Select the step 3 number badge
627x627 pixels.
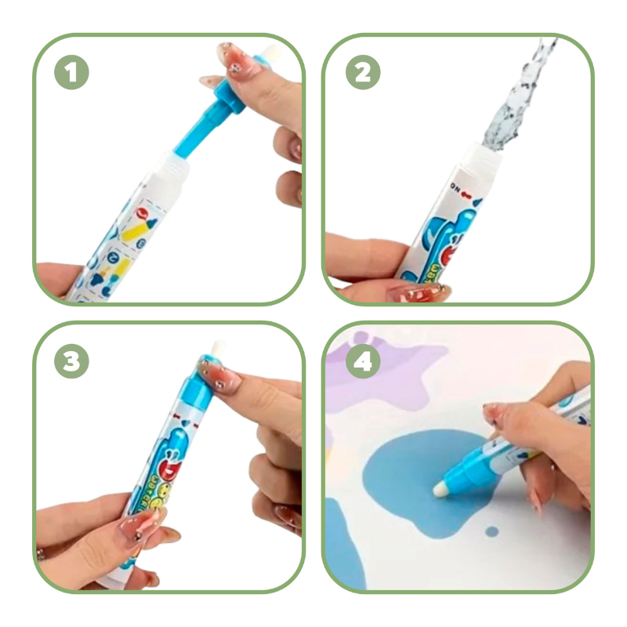[x=71, y=361]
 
